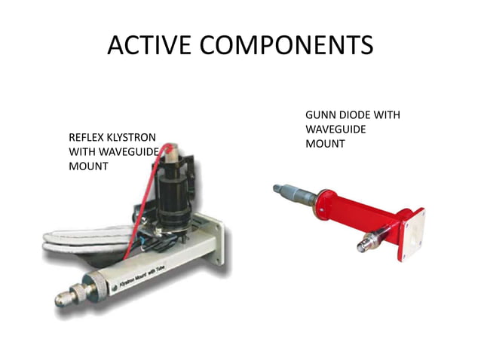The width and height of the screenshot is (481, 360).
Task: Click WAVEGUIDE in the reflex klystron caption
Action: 124,152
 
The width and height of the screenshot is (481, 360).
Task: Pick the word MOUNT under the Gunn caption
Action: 325,144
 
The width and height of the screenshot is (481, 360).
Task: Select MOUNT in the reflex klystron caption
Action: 88,166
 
